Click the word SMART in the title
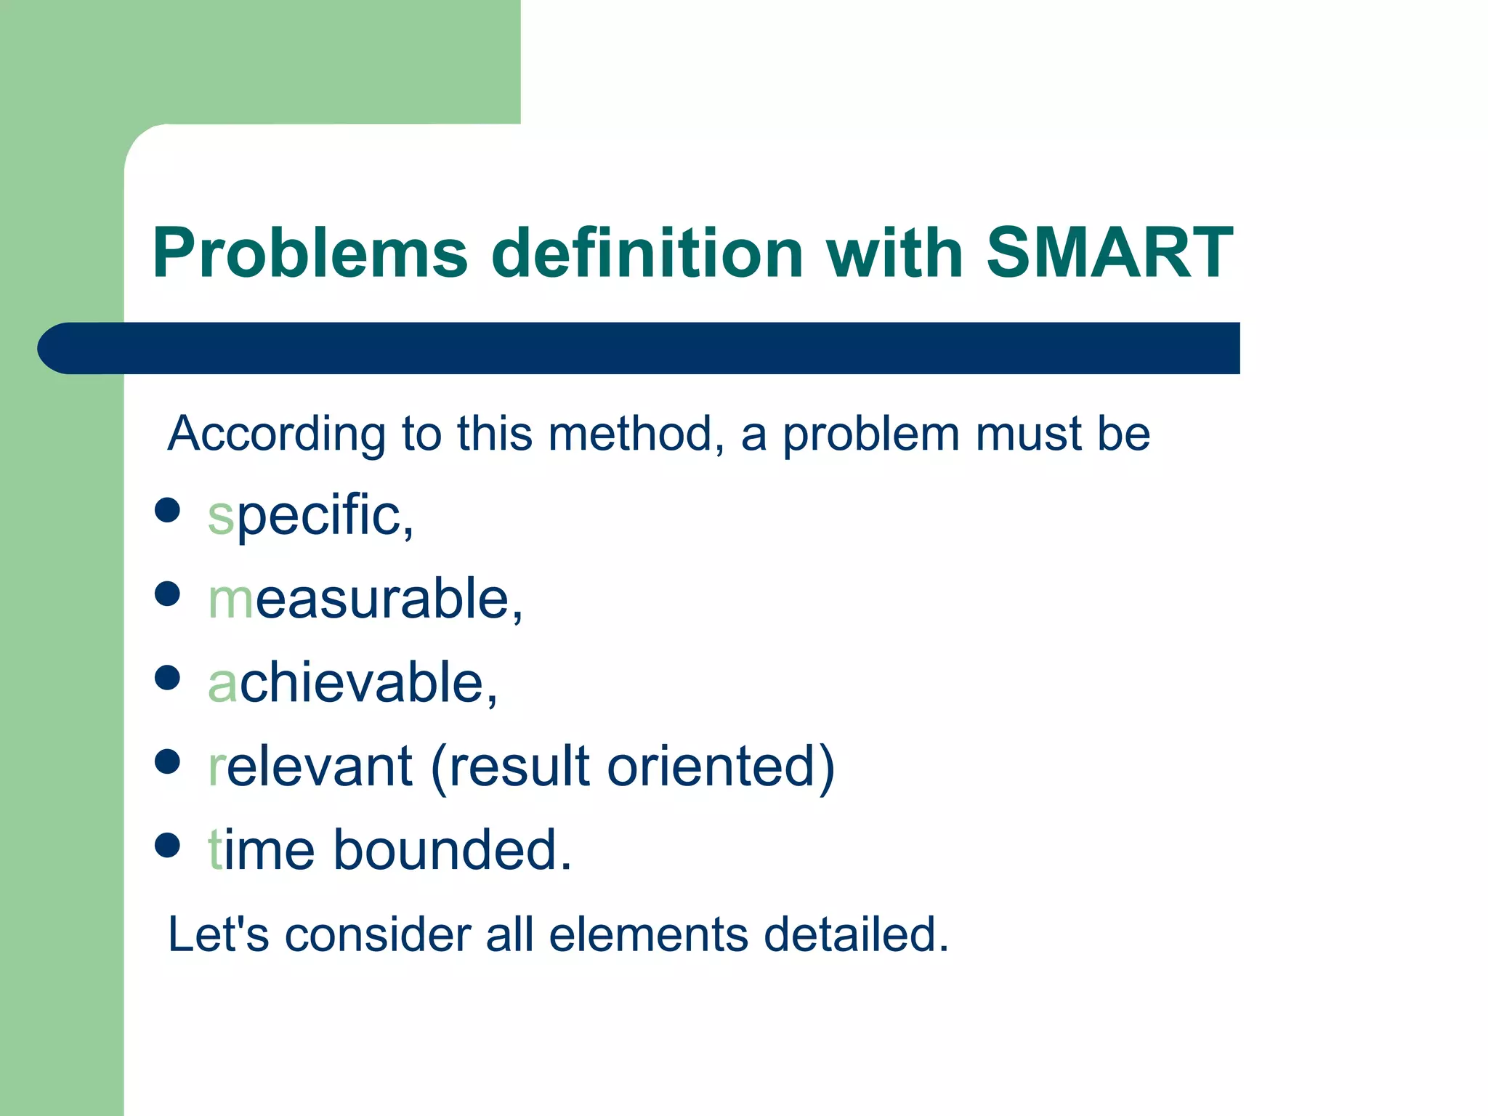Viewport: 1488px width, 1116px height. [1109, 253]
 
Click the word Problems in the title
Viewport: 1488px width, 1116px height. [310, 253]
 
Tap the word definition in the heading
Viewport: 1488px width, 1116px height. [647, 253]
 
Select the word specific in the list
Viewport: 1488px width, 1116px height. [311, 516]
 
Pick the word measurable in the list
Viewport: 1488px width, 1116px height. [365, 599]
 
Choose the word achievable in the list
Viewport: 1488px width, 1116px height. [353, 683]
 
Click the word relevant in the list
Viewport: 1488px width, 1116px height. [310, 767]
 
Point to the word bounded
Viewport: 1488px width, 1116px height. [452, 850]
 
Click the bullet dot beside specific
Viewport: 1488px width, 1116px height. [167, 510]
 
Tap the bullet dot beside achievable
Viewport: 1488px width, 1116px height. [167, 678]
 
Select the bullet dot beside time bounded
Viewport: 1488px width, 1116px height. [167, 845]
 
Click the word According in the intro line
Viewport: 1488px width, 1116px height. [276, 434]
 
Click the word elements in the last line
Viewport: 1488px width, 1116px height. [648, 934]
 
